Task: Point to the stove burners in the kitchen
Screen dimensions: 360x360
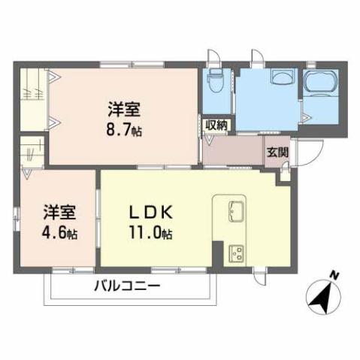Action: [234, 253]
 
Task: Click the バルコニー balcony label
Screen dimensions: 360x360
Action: [127, 286]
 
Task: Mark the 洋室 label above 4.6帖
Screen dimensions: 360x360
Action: [57, 211]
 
